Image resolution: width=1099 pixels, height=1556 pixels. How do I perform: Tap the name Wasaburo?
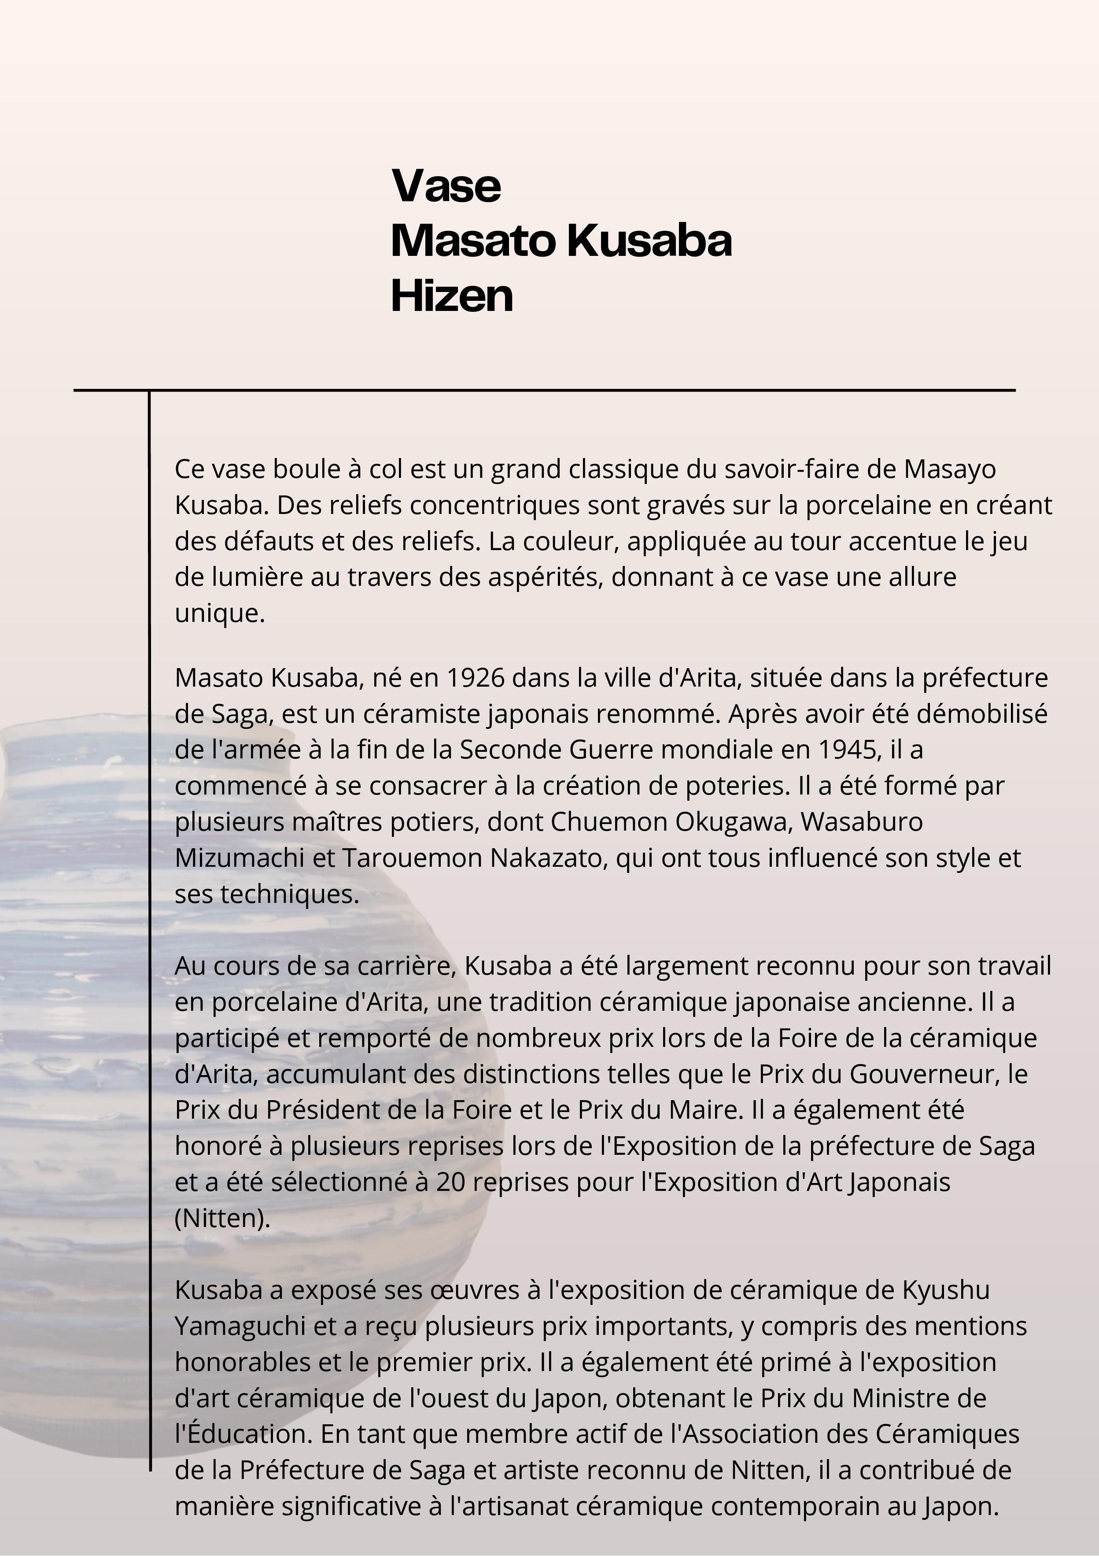(x=861, y=822)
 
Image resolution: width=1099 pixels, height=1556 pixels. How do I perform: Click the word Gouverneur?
(x=925, y=1074)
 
